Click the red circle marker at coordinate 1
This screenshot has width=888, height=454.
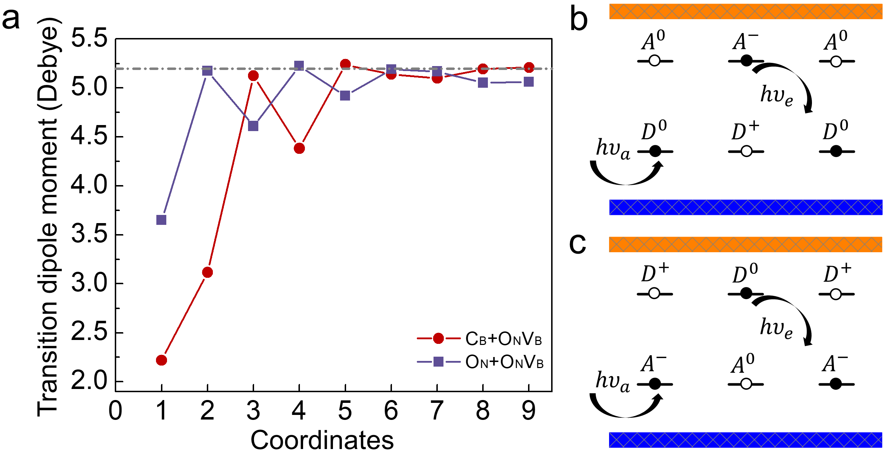[161, 360]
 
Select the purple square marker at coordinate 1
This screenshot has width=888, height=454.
[161, 220]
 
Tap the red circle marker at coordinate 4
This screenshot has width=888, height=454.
[299, 148]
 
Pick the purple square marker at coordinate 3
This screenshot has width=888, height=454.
[253, 126]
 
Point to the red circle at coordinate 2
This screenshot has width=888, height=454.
[208, 272]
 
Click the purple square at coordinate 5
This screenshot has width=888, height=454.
[345, 96]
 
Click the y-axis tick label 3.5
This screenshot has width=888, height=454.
[89, 235]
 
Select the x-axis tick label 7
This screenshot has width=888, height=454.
[437, 411]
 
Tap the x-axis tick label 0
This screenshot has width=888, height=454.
[115, 411]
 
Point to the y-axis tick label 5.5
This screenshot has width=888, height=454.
[89, 38]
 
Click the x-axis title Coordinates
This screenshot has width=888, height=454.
[322, 440]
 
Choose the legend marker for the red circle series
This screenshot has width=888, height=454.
[438, 339]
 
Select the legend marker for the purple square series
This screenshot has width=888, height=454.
[438, 362]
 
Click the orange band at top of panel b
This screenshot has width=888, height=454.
[746, 11]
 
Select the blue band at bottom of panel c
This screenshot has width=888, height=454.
[746, 440]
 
